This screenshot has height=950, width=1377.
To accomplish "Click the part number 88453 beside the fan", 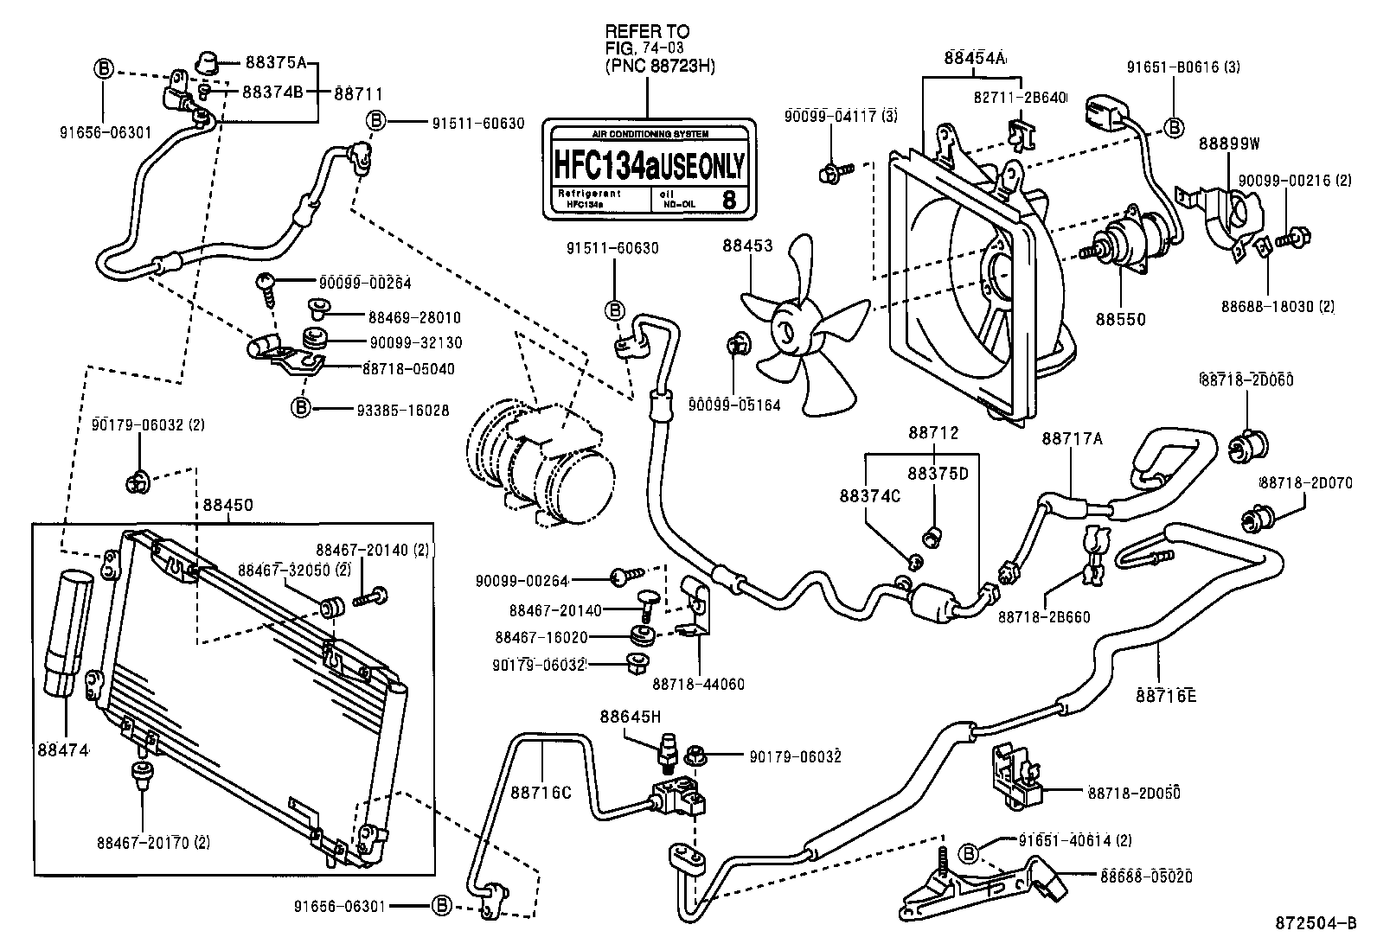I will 748,245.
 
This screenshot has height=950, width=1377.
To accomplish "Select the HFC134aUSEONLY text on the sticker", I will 649,163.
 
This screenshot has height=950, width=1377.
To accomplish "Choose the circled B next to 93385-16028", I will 300,406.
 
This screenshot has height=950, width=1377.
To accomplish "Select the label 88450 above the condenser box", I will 228,505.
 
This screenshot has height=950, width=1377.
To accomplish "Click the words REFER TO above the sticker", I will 646,31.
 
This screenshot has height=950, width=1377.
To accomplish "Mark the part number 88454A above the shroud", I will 975,59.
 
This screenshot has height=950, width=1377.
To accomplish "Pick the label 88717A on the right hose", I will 1072,438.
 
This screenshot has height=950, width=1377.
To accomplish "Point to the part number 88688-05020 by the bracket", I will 1147,877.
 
